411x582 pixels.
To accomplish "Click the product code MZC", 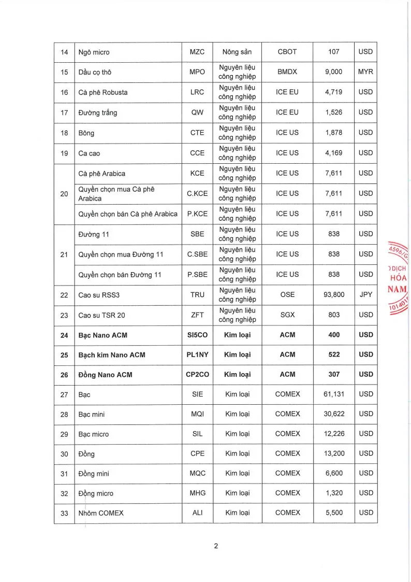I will tap(197, 52).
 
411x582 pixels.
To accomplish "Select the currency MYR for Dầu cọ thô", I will tap(365, 72).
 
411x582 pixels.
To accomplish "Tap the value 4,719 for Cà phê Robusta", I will tap(334, 92).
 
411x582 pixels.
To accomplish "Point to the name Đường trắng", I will tap(97, 112).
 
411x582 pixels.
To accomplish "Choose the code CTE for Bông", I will tap(197, 133).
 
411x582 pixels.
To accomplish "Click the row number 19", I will tap(64, 153).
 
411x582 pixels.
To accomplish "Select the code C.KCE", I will tap(197, 193).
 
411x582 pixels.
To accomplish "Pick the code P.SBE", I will tap(197, 274).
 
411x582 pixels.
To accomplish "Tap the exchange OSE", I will tap(287, 294).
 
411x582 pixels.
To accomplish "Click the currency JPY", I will tap(365, 294).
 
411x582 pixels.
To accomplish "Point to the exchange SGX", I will tap(287, 315).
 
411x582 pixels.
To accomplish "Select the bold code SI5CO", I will tap(197, 335).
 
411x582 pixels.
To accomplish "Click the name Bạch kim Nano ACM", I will tap(111, 355).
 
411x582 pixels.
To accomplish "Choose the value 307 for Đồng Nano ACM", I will tap(334, 374).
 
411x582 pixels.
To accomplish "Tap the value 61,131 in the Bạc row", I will tap(334, 394).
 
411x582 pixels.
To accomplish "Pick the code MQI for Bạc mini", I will tap(197, 414).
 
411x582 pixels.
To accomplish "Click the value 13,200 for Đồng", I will tap(334, 453).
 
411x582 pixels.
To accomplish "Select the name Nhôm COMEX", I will tap(101, 513).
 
